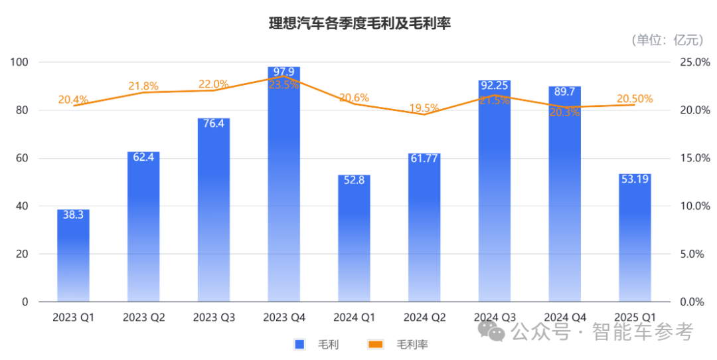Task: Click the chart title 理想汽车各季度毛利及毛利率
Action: (x=359, y=24)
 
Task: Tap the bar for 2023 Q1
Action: (x=73, y=259)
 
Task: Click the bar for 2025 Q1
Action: (x=635, y=239)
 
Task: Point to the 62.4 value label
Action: (x=143, y=158)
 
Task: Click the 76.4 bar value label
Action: (x=214, y=124)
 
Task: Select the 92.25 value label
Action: (x=495, y=86)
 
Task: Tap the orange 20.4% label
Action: (x=73, y=100)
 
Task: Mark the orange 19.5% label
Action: (x=424, y=108)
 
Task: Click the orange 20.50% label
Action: (x=635, y=99)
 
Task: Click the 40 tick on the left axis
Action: (x=23, y=206)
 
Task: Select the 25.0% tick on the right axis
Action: (x=694, y=62)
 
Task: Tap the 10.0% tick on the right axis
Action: (x=694, y=206)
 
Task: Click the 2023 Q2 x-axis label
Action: (x=143, y=317)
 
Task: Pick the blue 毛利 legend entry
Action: (x=317, y=344)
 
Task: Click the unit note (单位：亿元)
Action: (x=666, y=40)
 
